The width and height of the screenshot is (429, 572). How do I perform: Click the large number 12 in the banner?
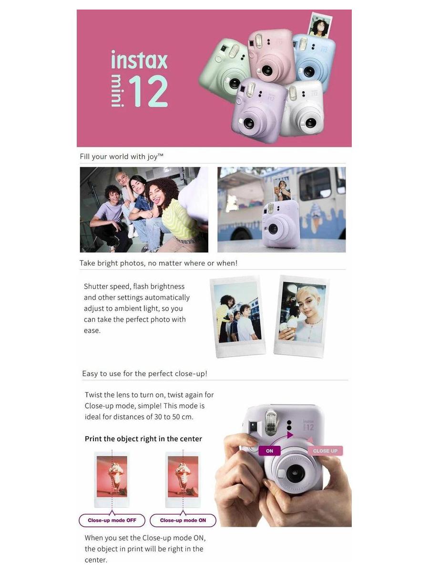pyautogui.click(x=148, y=91)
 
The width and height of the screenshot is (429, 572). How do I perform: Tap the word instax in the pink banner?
pyautogui.click(x=139, y=61)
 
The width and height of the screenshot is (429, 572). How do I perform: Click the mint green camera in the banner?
pyautogui.click(x=224, y=67)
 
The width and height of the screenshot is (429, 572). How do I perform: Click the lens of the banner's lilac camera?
pyautogui.click(x=249, y=123)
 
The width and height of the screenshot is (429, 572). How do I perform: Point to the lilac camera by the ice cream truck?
pyautogui.click(x=280, y=224)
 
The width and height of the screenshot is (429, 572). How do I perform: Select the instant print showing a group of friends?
pyautogui.click(x=237, y=315)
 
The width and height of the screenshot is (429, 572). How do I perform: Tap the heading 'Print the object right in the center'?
pyautogui.click(x=143, y=439)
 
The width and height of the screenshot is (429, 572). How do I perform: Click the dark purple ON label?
pyautogui.click(x=269, y=451)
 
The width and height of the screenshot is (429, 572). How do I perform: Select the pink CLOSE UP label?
pyautogui.click(x=325, y=451)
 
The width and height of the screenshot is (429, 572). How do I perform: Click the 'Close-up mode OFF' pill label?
pyautogui.click(x=112, y=520)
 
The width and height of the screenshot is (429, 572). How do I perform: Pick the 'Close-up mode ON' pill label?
pyautogui.click(x=183, y=520)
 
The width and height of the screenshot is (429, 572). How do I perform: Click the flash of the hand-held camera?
pyautogui.click(x=270, y=421)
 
